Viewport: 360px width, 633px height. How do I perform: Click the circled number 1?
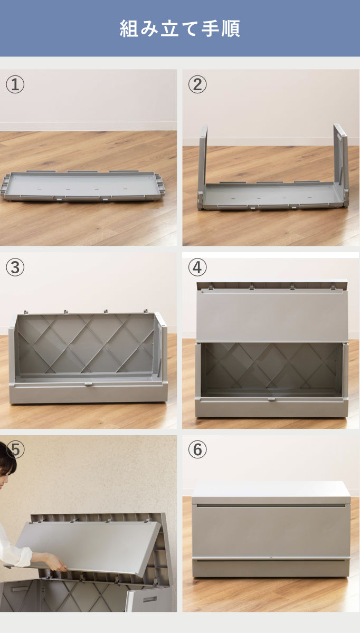[15, 84]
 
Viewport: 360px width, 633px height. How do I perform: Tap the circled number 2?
[197, 84]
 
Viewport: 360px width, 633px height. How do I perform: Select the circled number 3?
[15, 267]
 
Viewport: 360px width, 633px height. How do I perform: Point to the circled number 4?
[197, 267]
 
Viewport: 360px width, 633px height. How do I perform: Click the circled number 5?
[16, 449]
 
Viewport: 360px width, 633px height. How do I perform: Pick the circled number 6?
[197, 449]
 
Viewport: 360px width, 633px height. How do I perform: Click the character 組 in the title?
[129, 28]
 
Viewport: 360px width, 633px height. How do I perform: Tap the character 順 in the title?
[231, 28]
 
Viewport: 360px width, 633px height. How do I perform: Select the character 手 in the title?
[211, 28]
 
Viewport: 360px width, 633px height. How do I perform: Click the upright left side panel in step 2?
[203, 167]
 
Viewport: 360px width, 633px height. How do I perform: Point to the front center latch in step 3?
[88, 385]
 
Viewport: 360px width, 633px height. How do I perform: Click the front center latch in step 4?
[272, 400]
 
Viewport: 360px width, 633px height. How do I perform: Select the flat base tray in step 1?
[82, 186]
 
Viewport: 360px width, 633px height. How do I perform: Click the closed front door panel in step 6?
[271, 531]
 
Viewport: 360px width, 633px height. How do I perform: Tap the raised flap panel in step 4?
[272, 314]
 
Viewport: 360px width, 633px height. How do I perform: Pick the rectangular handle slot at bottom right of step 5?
[150, 599]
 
